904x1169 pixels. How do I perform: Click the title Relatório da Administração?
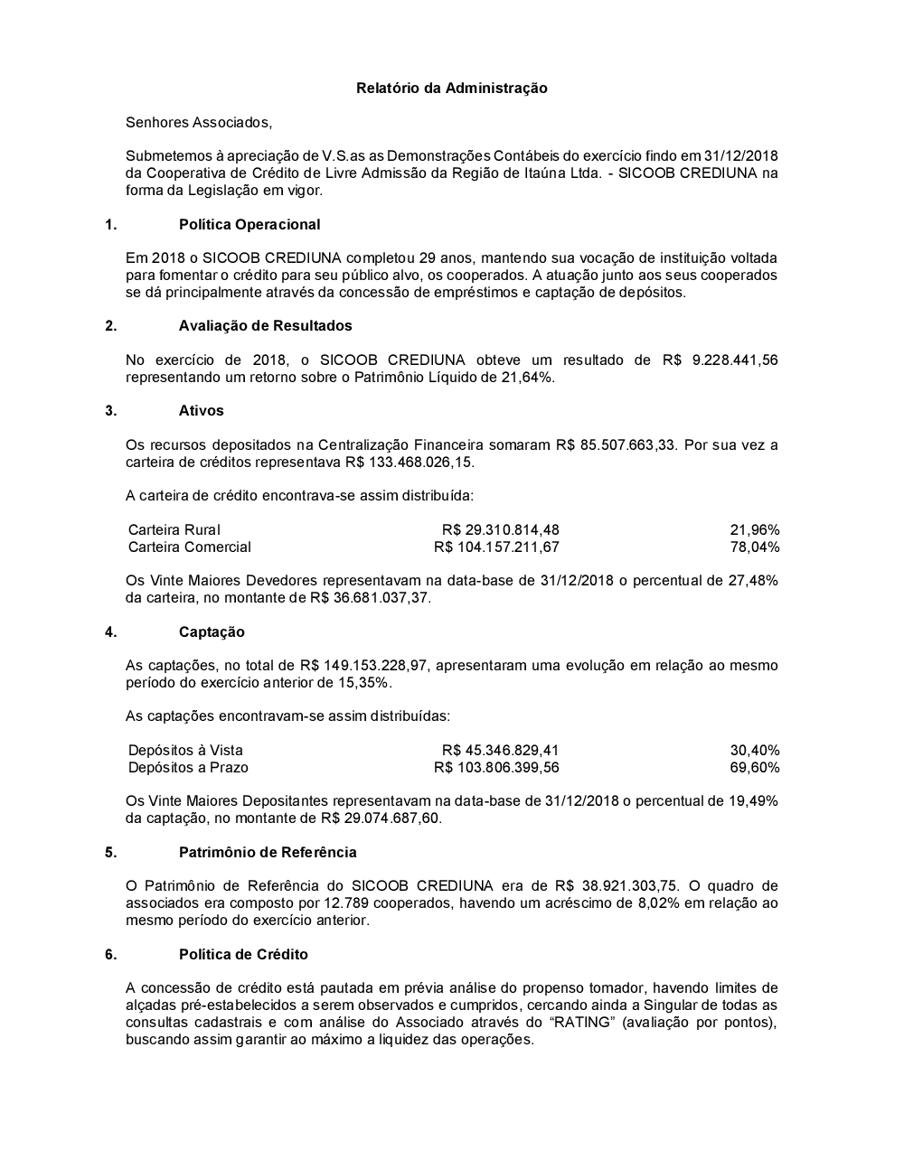(x=451, y=88)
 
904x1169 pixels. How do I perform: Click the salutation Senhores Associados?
(x=198, y=122)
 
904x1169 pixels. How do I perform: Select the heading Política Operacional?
(x=250, y=224)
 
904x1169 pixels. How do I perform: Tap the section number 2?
(x=111, y=325)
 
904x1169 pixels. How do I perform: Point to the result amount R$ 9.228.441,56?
(x=720, y=360)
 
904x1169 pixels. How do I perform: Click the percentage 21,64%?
(x=526, y=377)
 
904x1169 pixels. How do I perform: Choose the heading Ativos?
(x=201, y=410)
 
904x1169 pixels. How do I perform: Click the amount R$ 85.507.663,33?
(x=617, y=444)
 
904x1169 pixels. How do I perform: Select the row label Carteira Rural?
(x=174, y=529)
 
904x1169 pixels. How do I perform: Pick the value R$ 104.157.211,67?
(x=496, y=547)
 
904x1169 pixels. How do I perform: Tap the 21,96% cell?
(x=755, y=529)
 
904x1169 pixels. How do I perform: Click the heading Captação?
(x=212, y=631)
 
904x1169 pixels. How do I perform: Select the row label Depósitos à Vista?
(x=185, y=750)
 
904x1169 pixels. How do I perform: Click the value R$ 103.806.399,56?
(x=496, y=767)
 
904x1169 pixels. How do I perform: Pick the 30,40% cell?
(x=755, y=750)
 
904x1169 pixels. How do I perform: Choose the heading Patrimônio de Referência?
(x=268, y=852)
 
